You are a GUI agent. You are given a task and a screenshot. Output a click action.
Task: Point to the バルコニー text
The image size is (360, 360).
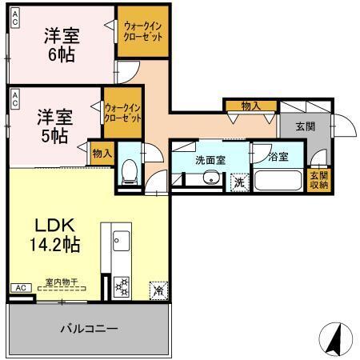tap(89, 329)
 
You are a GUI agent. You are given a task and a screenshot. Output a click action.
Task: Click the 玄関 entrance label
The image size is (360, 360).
tap(305, 126)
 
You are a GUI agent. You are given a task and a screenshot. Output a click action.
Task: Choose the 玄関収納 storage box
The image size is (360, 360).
tap(318, 181)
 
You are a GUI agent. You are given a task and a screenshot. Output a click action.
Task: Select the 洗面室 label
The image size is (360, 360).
tap(210, 160)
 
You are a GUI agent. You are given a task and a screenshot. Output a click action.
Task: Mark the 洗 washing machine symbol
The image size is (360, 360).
tap(239, 182)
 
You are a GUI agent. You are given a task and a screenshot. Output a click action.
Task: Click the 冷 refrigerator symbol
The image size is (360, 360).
tap(158, 290)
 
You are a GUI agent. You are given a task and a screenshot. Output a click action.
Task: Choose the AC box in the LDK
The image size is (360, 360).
tap(20, 288)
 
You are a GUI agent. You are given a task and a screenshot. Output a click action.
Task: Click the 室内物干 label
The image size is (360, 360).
tap(61, 282)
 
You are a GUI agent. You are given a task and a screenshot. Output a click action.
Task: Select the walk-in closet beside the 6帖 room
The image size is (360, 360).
tap(142, 32)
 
